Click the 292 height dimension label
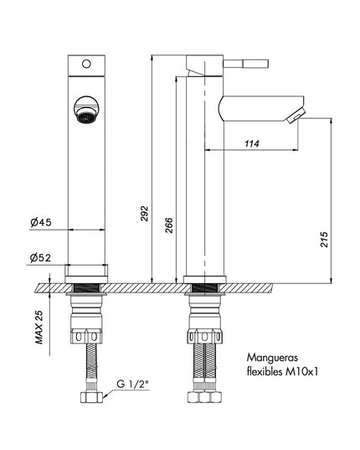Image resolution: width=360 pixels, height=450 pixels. pyautogui.click(x=145, y=214)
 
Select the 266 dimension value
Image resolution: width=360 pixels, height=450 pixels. pyautogui.click(x=169, y=225)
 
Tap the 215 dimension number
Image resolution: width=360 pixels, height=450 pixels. pyautogui.click(x=324, y=240)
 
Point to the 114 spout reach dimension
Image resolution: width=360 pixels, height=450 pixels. pyautogui.click(x=252, y=143)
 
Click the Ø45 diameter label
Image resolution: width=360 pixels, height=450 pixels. pyautogui.click(x=41, y=222)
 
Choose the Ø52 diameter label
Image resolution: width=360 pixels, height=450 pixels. pyautogui.click(x=40, y=258)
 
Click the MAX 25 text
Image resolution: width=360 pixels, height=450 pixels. pyautogui.click(x=39, y=327)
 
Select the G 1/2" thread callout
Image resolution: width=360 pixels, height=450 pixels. pyautogui.click(x=133, y=384)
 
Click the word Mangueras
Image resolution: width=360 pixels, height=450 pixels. pyautogui.click(x=272, y=358)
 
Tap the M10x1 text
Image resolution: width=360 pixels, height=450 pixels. pyautogui.click(x=301, y=372)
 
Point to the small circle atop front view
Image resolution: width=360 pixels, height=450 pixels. pyautogui.click(x=86, y=64)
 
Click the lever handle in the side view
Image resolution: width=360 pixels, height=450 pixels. pyautogui.click(x=246, y=64)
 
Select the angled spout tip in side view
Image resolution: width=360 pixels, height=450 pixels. pyautogui.click(x=296, y=116)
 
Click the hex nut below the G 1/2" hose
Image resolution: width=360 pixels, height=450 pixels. pyautogui.click(x=91, y=397)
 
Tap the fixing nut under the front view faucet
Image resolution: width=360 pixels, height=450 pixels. pyautogui.click(x=86, y=337)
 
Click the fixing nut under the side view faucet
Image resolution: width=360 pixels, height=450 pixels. pyautogui.click(x=204, y=336)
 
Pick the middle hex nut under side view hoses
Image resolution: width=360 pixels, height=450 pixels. pyautogui.click(x=204, y=397)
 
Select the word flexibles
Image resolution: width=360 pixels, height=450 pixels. pyautogui.click(x=265, y=372)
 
